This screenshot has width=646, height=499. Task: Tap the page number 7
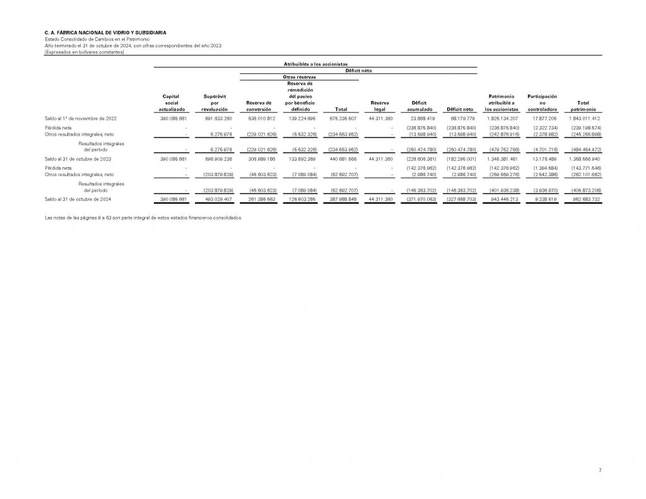coord(601,471)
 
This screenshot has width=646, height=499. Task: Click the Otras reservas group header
coord(299,77)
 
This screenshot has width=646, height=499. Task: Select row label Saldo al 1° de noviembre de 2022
coord(80,118)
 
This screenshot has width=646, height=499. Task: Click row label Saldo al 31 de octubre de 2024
coord(78,199)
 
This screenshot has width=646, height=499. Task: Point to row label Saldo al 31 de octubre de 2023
coord(78,159)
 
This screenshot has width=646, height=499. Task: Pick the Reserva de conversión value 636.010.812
coord(257,118)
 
